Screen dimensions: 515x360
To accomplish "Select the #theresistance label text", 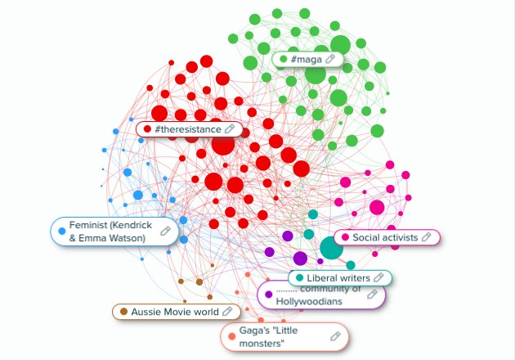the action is pos(187,128).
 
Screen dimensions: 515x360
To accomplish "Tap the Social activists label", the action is pos(385,237).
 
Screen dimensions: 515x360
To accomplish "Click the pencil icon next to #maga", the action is pos(330,59).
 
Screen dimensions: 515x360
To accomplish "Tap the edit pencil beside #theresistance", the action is pos(230,128).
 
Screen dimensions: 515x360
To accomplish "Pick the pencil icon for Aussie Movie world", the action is pos(227,312).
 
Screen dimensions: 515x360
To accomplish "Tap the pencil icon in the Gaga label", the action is pos(334,336).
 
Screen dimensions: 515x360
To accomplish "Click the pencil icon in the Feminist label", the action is pos(165,232).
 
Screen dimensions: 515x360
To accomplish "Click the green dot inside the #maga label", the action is pos(284,59).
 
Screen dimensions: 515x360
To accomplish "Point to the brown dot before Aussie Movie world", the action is pos(123,312).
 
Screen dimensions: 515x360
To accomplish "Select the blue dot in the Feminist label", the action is pos(62,232).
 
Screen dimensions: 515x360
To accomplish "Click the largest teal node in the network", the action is pos(330,248).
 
